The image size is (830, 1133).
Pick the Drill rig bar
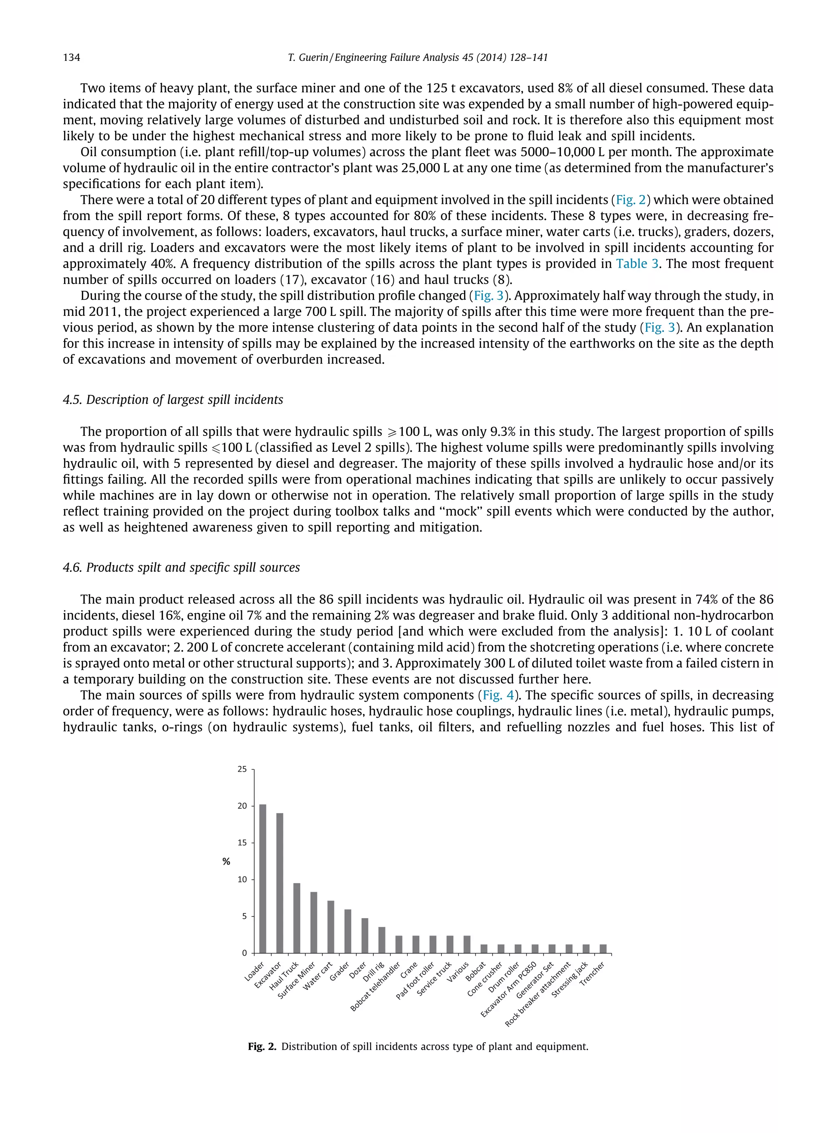pos(382,940)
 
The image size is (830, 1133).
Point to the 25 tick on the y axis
pos(242,769)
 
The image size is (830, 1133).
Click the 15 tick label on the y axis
pos(242,843)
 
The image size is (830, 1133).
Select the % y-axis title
pos(226,862)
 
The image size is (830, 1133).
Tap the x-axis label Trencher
pos(593,974)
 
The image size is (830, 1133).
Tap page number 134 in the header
pos(71,57)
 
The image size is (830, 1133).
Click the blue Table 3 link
pos(637,264)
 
